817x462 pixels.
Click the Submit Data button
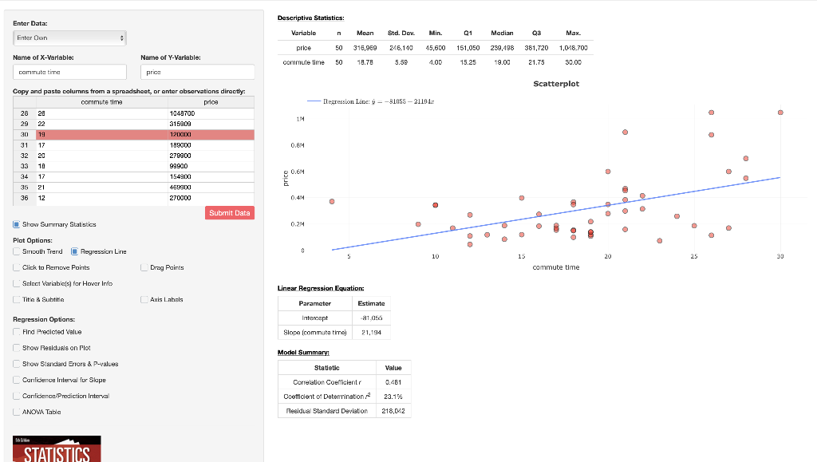coord(230,213)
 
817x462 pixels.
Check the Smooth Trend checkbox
coord(18,251)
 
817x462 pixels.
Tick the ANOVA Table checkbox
coord(18,412)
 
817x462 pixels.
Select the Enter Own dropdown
coord(69,38)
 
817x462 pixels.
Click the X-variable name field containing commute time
coord(69,72)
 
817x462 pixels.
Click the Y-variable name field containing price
coord(196,72)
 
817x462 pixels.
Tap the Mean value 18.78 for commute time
coord(365,61)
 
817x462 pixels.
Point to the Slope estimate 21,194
coord(372,332)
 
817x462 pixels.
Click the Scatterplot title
coord(555,84)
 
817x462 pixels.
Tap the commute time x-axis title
coord(555,267)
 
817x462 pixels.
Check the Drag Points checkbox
coord(144,268)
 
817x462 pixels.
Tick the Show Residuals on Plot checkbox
coord(18,348)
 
